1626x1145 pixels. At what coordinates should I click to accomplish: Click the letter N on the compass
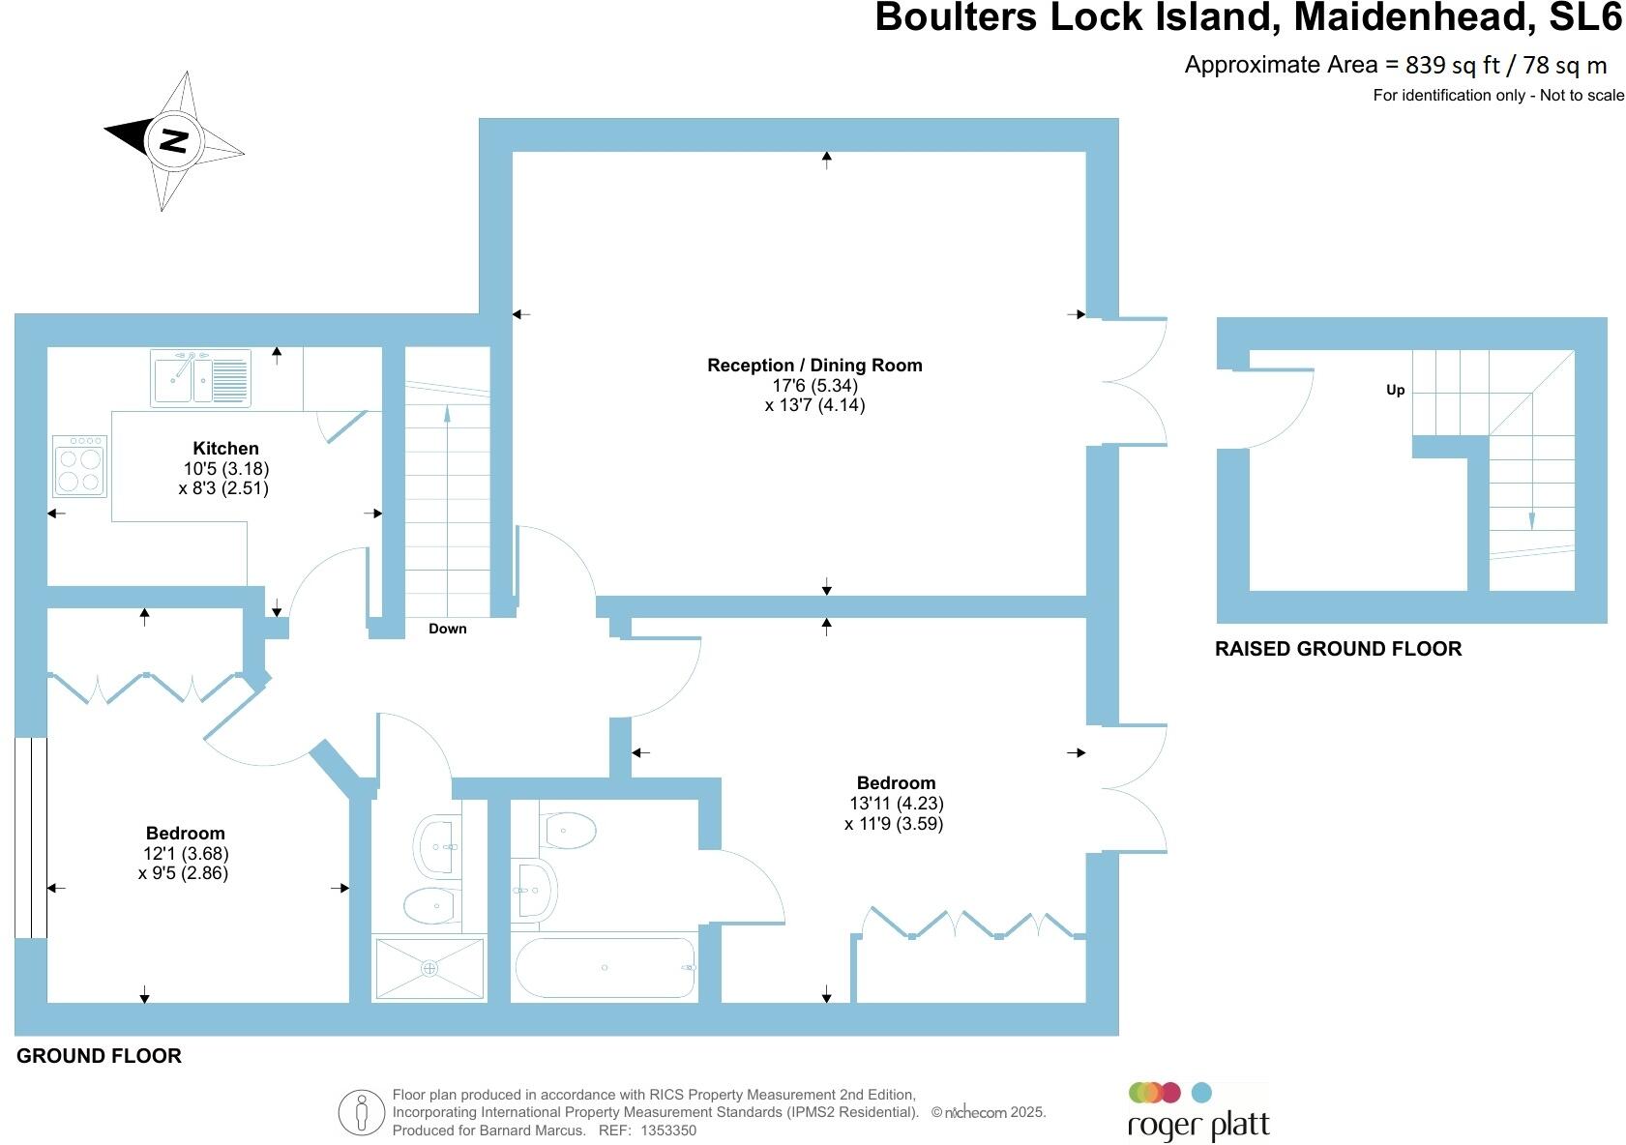(x=174, y=141)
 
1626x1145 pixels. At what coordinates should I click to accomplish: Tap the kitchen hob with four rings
(x=79, y=465)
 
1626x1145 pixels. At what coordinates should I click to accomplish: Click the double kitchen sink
(x=200, y=377)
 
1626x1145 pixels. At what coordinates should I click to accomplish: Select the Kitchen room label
(x=225, y=448)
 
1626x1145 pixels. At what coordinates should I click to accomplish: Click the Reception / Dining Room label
(x=814, y=365)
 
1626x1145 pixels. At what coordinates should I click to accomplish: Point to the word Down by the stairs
(x=447, y=629)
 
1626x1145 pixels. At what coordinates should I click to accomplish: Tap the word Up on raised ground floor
(x=1395, y=390)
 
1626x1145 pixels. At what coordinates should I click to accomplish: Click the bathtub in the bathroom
(x=606, y=968)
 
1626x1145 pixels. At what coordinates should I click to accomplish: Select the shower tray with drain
(x=429, y=967)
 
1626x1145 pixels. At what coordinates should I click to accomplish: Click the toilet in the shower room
(x=431, y=906)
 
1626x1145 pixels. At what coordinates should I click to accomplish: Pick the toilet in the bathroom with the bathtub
(x=570, y=829)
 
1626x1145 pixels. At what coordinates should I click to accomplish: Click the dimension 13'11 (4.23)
(x=896, y=803)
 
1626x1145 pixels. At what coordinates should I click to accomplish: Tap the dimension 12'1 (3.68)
(x=185, y=853)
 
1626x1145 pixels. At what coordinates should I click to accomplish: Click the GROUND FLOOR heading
(x=99, y=1055)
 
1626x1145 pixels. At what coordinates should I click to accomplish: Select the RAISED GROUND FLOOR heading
(x=1338, y=649)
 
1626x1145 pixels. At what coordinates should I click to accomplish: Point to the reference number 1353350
(x=667, y=1130)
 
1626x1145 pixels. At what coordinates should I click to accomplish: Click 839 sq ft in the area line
(x=1452, y=65)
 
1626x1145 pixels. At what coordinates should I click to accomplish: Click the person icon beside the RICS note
(x=361, y=1112)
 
